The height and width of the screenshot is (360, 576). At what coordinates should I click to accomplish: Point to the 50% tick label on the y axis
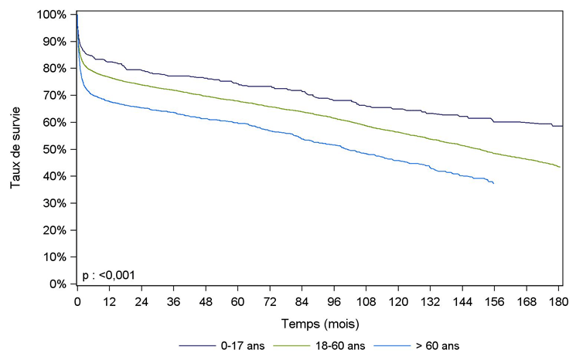[56, 149]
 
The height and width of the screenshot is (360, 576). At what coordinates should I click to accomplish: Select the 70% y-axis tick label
[56, 96]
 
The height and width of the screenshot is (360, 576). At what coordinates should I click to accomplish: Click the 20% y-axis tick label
[56, 230]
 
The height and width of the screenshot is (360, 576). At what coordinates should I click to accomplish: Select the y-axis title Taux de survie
[16, 149]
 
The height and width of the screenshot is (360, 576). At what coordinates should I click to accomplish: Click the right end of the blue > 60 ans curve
[493, 183]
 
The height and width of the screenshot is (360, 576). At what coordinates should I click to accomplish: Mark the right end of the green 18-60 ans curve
[561, 167]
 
